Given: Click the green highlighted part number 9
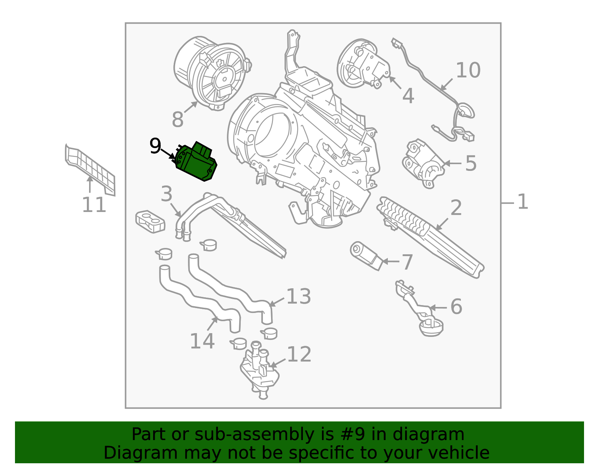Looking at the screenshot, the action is tap(196, 162).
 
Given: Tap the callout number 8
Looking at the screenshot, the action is tap(177, 119).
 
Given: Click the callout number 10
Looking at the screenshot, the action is tap(468, 70).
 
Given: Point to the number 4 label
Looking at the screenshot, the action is tap(408, 96).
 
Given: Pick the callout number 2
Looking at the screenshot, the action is tap(456, 208).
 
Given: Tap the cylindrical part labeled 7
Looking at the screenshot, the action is tap(366, 256).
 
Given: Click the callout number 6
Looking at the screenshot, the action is tap(456, 306).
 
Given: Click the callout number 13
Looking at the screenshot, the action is tap(299, 297).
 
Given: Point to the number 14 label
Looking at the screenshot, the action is tap(202, 341).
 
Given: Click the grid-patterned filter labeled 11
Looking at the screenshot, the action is tap(90, 169).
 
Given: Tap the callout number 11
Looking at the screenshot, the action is tap(94, 205).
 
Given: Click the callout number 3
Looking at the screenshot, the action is tap(167, 194).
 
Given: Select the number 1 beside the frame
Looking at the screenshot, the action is tap(523, 202).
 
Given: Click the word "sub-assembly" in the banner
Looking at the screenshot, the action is tap(254, 434).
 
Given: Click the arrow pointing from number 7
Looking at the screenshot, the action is tap(390, 261).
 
